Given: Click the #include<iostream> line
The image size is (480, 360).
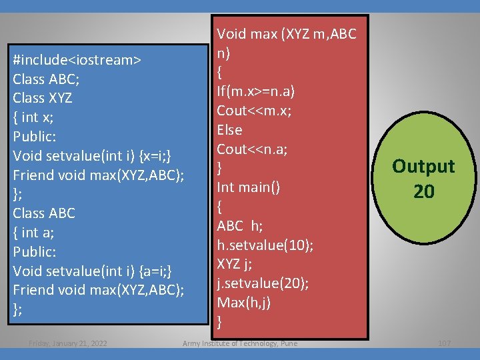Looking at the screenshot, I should point(77,60).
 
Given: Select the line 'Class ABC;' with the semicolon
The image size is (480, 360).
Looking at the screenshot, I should point(46,79).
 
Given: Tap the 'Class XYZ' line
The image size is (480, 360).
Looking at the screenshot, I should point(43,98).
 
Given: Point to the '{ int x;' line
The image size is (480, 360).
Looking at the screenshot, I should point(33,117).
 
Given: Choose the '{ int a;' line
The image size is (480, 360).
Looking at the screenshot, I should point(34,233).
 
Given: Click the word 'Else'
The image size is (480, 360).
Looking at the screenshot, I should point(229,129).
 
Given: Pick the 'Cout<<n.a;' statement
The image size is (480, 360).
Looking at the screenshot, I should point(252,149).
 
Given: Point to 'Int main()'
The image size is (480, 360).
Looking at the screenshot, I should point(248,187).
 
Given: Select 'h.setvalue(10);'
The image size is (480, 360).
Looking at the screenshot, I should point(265,245).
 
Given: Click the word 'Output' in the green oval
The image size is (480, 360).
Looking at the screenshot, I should point(423,166).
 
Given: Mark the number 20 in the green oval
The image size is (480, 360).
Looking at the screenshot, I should point(423,192).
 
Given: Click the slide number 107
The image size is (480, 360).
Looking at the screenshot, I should point(444,343).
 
